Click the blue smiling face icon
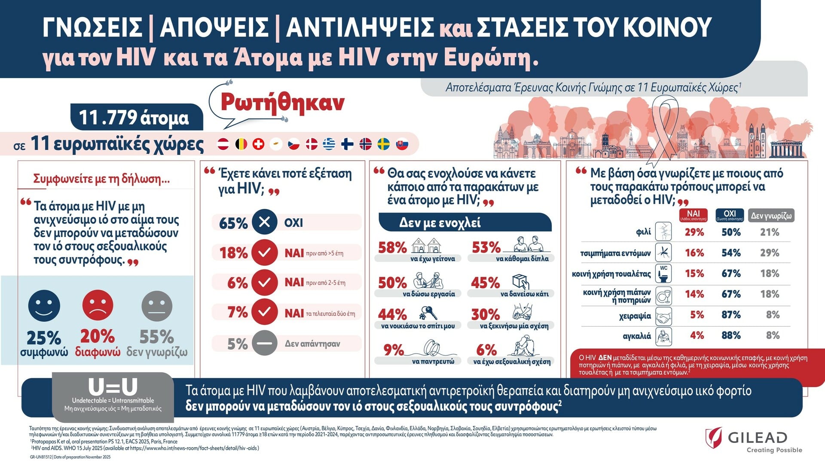[x=44, y=306]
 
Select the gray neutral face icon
[x=157, y=306]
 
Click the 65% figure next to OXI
[x=233, y=223]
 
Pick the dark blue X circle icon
[x=264, y=222]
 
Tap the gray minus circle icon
[x=264, y=343]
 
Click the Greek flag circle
[x=329, y=144]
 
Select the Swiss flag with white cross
[x=258, y=144]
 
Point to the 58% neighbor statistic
[x=392, y=247]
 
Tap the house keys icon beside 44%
[x=428, y=312]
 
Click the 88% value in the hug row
[x=731, y=336]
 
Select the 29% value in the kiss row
[x=694, y=232]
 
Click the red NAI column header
[x=693, y=215]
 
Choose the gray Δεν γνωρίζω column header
[x=771, y=216]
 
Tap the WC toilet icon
[x=664, y=274]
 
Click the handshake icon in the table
[x=664, y=317]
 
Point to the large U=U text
[x=113, y=387]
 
